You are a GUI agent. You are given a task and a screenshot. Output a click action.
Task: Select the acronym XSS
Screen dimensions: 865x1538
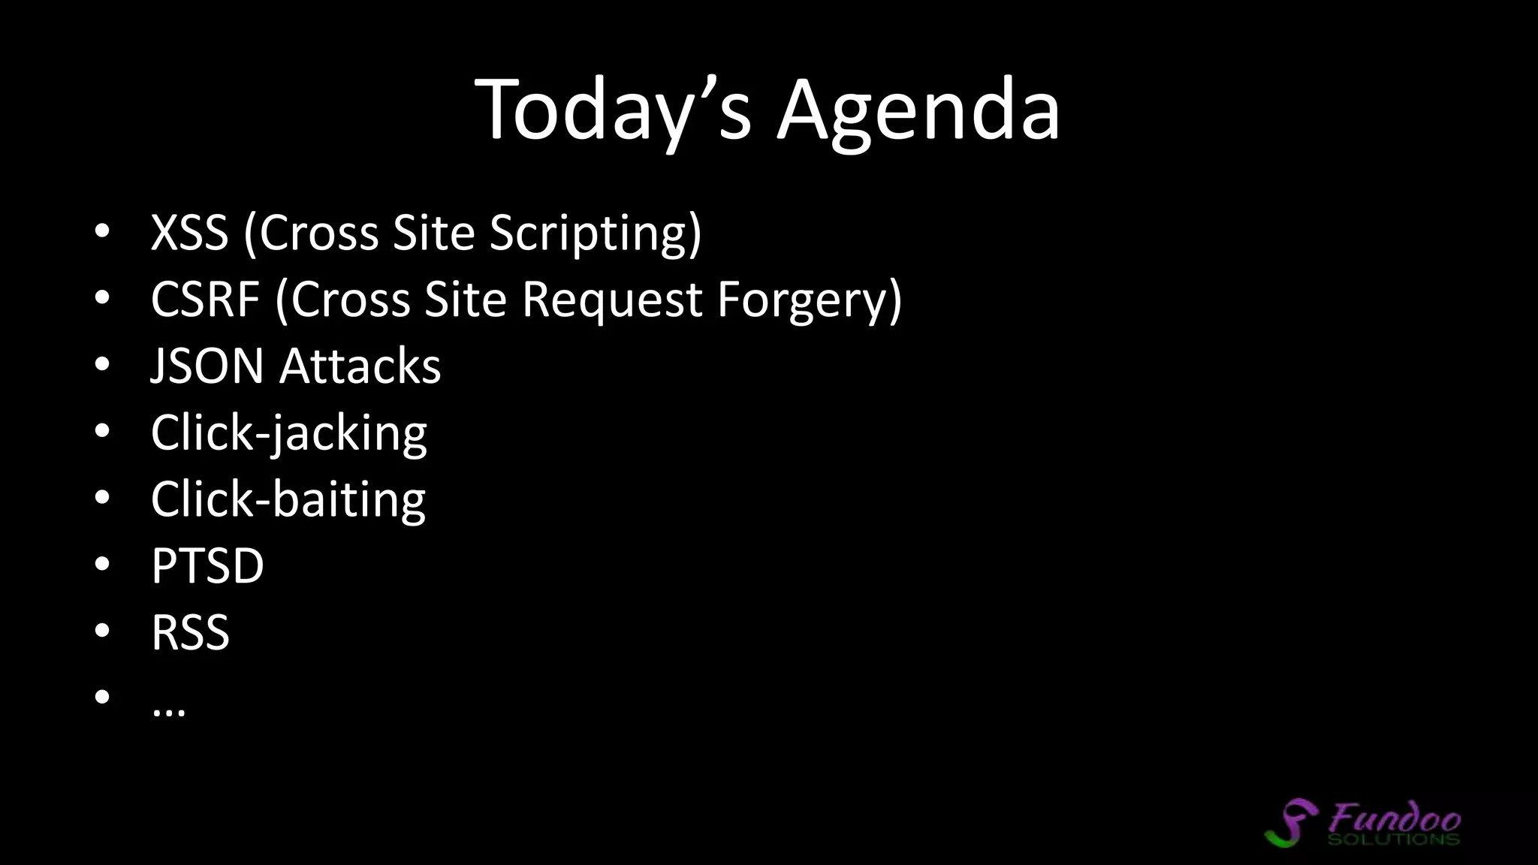pyautogui.click(x=189, y=232)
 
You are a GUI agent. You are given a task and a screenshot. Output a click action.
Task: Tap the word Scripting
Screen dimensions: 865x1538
pyautogui.click(x=596, y=232)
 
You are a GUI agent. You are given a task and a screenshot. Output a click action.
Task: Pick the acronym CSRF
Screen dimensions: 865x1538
pyautogui.click(x=205, y=299)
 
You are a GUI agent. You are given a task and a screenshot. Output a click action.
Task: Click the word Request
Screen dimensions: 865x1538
pyautogui.click(x=612, y=299)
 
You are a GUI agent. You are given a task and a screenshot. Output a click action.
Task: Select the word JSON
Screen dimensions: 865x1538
pyautogui.click(x=207, y=366)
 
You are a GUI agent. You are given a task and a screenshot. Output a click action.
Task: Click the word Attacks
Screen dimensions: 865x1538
pyautogui.click(x=360, y=366)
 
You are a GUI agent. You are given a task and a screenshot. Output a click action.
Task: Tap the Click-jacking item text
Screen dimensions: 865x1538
pyautogui.click(x=288, y=432)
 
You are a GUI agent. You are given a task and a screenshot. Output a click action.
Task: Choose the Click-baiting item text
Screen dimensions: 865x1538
pyautogui.click(x=288, y=499)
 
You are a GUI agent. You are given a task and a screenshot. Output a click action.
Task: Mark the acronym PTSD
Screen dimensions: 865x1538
pyautogui.click(x=207, y=565)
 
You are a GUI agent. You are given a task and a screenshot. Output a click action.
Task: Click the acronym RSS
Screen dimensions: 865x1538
pyautogui.click(x=190, y=632)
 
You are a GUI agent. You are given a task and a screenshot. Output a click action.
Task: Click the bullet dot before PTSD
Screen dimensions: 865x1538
pyautogui.click(x=103, y=565)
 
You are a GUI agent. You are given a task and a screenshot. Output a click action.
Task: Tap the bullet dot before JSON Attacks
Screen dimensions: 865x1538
pyautogui.click(x=103, y=365)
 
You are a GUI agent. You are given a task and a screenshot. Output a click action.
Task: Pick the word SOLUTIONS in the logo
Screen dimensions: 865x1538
pyautogui.click(x=1393, y=839)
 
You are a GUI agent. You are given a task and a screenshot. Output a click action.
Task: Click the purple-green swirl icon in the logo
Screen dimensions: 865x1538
pyautogui.click(x=1292, y=823)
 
